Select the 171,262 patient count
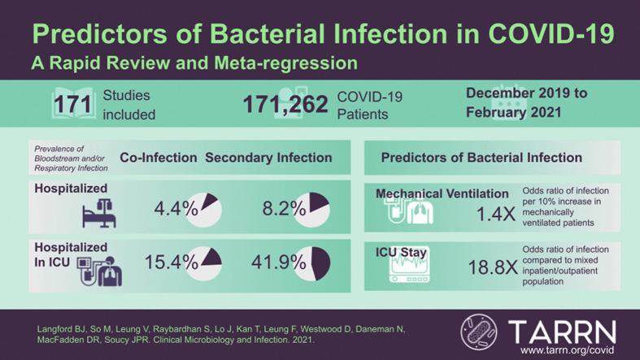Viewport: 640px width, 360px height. click(285, 105)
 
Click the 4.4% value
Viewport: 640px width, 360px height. click(176, 209)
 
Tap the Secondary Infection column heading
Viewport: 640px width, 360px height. click(268, 158)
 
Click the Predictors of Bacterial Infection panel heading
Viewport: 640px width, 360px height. click(481, 158)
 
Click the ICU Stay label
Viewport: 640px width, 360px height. click(402, 253)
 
